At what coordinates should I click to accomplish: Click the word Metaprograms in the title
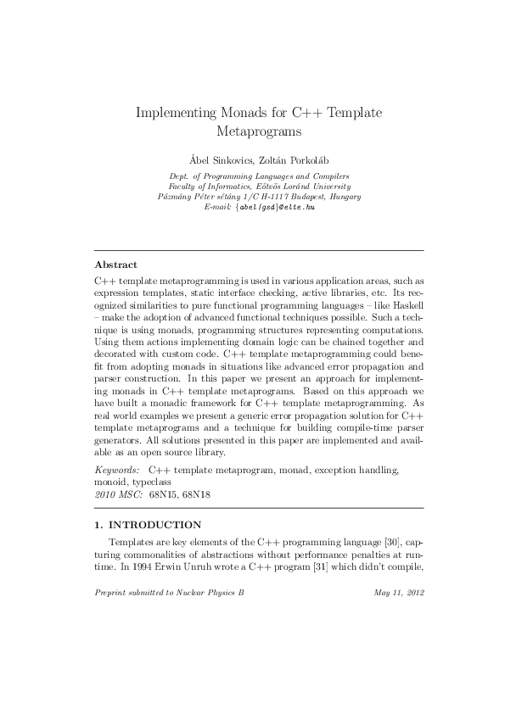260,132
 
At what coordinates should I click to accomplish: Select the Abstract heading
116,265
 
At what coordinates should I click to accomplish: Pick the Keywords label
117,468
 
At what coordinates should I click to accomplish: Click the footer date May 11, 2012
398,592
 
